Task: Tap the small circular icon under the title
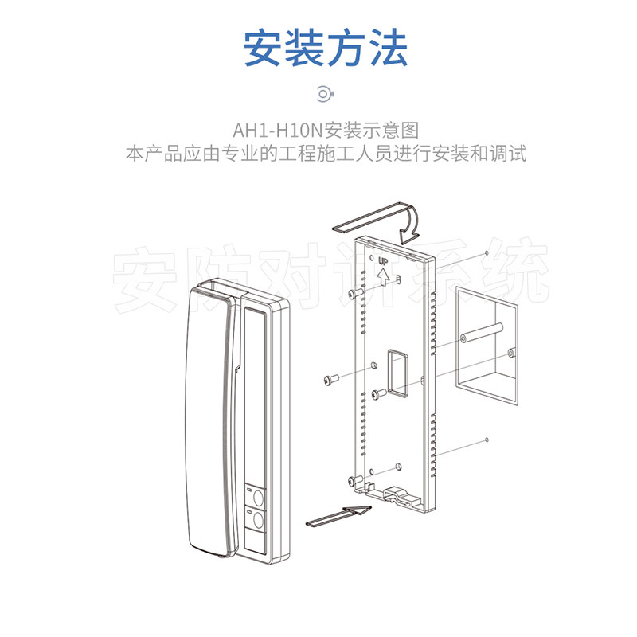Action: [323, 94]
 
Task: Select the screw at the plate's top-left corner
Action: [360, 294]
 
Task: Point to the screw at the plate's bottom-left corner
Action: [353, 480]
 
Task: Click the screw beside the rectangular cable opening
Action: [380, 393]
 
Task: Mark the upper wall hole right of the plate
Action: [486, 252]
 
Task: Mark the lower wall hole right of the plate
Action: [487, 440]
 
